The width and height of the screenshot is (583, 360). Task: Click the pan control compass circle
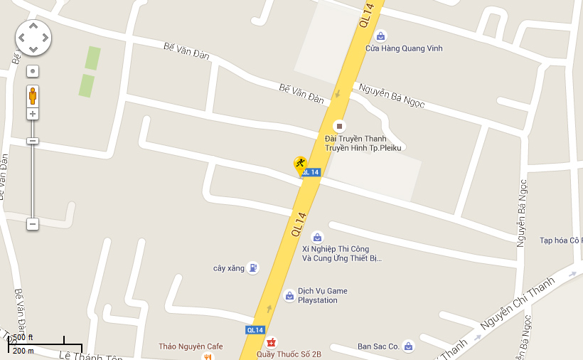coord(33,38)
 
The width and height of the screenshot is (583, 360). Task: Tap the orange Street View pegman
coord(33,95)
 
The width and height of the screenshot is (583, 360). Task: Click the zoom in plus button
coord(33,114)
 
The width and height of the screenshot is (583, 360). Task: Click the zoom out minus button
coord(33,224)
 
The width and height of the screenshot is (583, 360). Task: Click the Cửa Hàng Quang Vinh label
coord(404,48)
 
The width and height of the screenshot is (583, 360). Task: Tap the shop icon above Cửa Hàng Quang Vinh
coord(380,36)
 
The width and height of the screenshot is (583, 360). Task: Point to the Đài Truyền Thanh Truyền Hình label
coord(363,143)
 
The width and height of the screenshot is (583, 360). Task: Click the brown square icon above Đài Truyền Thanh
coord(339,126)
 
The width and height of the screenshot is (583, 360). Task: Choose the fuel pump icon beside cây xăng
coord(252,268)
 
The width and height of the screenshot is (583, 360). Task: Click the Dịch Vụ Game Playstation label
coord(322,295)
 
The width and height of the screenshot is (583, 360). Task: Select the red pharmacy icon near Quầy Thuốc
coord(271,342)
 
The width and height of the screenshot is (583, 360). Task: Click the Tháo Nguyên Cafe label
coord(191,346)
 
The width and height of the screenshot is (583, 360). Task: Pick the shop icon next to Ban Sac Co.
coord(407,346)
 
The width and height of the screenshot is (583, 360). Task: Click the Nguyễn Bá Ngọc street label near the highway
coord(392,96)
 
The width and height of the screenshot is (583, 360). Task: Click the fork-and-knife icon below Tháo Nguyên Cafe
coord(207,356)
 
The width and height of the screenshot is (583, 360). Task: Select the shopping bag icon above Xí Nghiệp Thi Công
coord(317,237)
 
